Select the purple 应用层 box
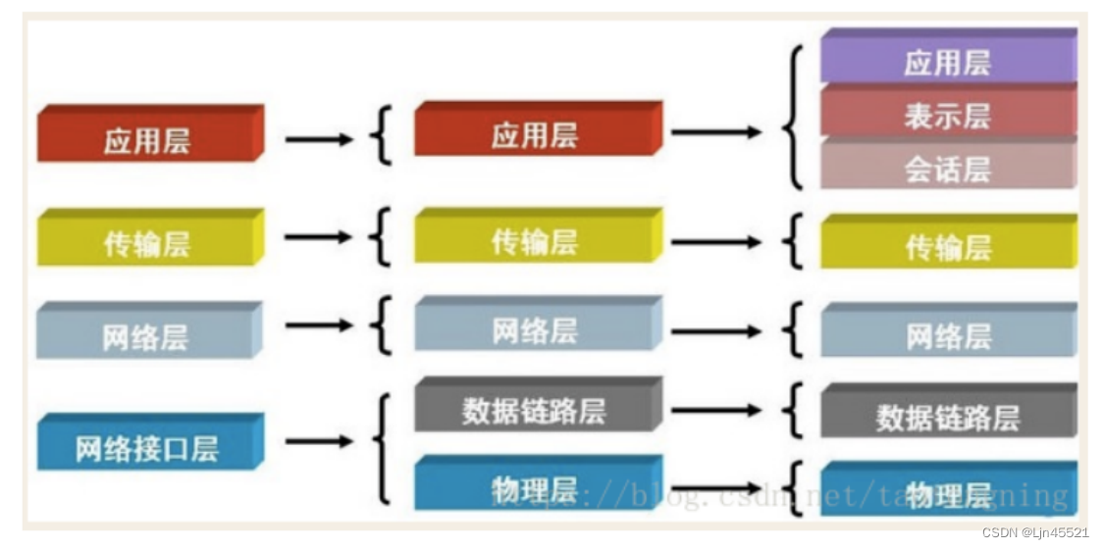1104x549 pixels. point(947,61)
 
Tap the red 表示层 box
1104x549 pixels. point(947,114)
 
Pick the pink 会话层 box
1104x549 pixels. point(947,167)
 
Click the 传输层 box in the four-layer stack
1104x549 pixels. point(147,241)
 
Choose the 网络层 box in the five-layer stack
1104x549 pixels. point(535,328)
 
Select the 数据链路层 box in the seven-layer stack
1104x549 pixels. point(947,416)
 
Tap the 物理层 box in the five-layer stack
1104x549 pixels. point(535,487)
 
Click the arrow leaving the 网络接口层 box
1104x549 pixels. point(318,441)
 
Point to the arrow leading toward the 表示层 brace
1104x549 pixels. point(715,131)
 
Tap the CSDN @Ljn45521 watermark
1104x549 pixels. point(1037,532)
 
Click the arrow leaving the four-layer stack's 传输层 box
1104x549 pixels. point(318,237)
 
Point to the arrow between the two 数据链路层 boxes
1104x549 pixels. point(715,410)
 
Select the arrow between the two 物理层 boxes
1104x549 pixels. point(715,487)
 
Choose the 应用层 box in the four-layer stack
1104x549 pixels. point(147,138)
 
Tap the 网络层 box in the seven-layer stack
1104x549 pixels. point(947,335)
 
